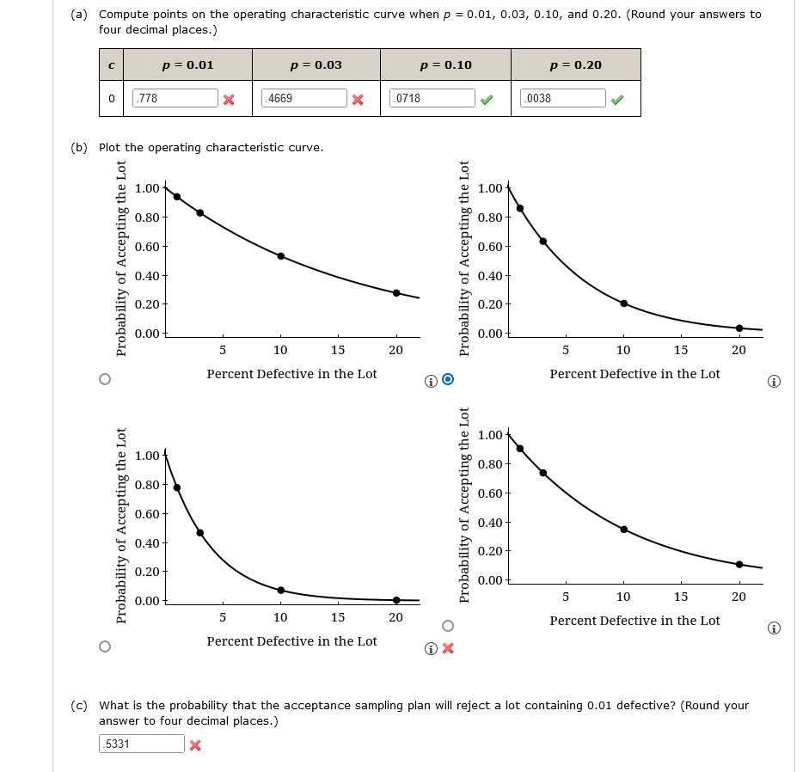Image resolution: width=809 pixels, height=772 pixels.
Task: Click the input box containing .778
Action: pyautogui.click(x=175, y=98)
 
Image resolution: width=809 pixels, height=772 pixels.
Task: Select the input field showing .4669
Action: pyautogui.click(x=304, y=98)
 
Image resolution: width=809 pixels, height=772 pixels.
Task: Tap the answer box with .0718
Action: pyautogui.click(x=432, y=98)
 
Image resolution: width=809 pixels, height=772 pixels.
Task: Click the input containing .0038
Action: pyautogui.click(x=563, y=98)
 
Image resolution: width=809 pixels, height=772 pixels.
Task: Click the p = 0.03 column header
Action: pyautogui.click(x=316, y=64)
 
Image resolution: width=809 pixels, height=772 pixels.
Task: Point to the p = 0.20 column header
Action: pyautogui.click(x=575, y=64)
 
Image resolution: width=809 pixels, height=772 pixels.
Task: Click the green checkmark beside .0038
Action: pyautogui.click(x=617, y=99)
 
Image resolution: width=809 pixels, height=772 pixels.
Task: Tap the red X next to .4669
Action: pyautogui.click(x=358, y=99)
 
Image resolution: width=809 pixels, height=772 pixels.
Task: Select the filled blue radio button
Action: pyautogui.click(x=447, y=379)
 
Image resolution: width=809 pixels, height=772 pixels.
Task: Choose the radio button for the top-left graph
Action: pyautogui.click(x=105, y=379)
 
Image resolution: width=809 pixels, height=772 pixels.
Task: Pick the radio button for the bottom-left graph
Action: pyautogui.click(x=105, y=646)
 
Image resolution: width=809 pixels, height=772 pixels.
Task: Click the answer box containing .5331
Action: pyautogui.click(x=142, y=744)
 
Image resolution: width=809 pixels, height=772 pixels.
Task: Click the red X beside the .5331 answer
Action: pyautogui.click(x=195, y=744)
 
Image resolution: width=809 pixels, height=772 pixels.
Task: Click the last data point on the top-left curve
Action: pyautogui.click(x=396, y=293)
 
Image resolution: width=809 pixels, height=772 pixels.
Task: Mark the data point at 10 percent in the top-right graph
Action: pyautogui.click(x=623, y=303)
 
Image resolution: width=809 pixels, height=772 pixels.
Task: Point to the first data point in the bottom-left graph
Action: pyautogui.click(x=177, y=487)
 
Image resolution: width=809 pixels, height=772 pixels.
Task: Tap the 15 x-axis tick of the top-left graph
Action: pyautogui.click(x=338, y=350)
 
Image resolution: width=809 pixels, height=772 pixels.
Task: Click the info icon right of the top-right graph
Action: pyautogui.click(x=774, y=381)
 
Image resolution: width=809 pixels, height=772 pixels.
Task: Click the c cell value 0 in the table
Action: pyautogui.click(x=112, y=98)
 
